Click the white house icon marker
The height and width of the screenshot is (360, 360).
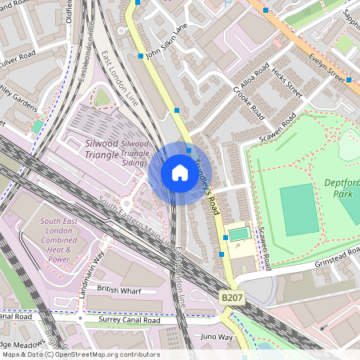[x=180, y=173]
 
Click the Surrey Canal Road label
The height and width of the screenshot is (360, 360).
[x=130, y=320]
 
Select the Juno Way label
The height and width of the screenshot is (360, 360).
[x=216, y=337]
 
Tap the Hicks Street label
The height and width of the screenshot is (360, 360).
[x=286, y=83]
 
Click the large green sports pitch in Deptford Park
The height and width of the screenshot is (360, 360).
[x=298, y=210]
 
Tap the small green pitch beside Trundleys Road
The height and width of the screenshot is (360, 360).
[x=238, y=234]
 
